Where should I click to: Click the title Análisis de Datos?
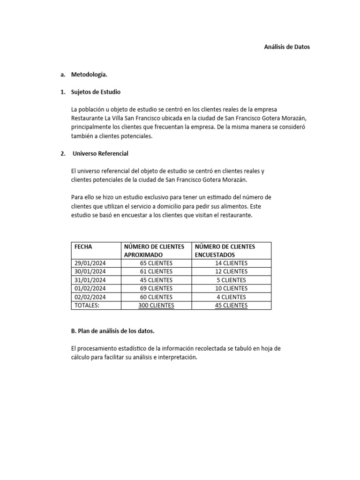[x=287, y=47]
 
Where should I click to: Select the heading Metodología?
[x=89, y=74]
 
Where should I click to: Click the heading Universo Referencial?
[x=100, y=153]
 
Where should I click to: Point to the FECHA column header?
[x=83, y=246]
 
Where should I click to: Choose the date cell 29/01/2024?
[x=90, y=263]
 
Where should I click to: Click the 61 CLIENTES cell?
[x=156, y=271]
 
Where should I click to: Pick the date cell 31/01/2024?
[x=90, y=280]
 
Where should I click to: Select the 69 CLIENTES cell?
[x=156, y=288]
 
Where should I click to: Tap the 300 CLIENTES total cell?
[x=156, y=305]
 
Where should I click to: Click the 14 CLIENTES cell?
[x=228, y=263]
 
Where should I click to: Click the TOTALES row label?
[x=88, y=305]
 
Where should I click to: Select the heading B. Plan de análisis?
[x=112, y=331]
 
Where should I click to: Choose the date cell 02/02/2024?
[x=90, y=297]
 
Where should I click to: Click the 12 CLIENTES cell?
[x=228, y=271]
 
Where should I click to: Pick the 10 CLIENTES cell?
[x=228, y=288]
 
